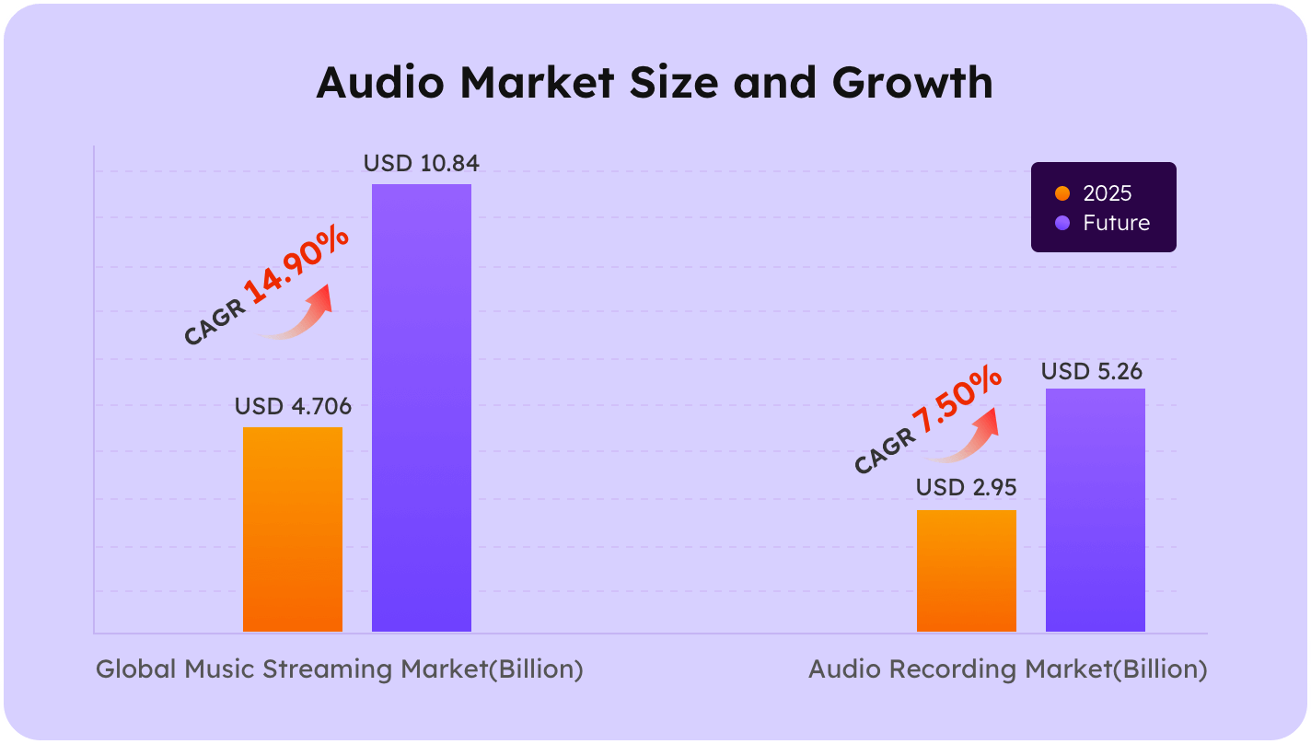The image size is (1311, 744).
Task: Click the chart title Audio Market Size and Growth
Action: (x=655, y=83)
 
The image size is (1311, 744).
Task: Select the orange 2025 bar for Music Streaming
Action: (x=293, y=529)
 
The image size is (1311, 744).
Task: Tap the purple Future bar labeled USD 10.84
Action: (x=422, y=408)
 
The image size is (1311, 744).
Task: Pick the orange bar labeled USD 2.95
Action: (x=967, y=571)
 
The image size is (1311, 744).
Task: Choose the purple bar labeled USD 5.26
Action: (x=1096, y=510)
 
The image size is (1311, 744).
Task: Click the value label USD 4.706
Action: (x=293, y=406)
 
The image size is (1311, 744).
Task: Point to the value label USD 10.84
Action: (x=422, y=164)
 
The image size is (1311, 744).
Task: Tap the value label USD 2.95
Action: (x=967, y=488)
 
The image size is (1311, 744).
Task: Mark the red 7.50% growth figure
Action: (x=957, y=403)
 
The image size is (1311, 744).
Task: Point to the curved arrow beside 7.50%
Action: (x=967, y=438)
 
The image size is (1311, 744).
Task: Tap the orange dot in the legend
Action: (x=1062, y=194)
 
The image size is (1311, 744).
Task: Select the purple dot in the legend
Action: (x=1062, y=223)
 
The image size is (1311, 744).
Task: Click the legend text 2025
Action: (x=1108, y=194)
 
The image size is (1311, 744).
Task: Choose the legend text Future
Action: (x=1116, y=223)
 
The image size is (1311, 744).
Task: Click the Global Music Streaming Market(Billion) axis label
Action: (x=340, y=669)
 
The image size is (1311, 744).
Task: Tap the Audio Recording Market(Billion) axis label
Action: (x=1007, y=669)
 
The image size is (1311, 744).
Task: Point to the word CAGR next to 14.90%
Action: (x=215, y=323)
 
